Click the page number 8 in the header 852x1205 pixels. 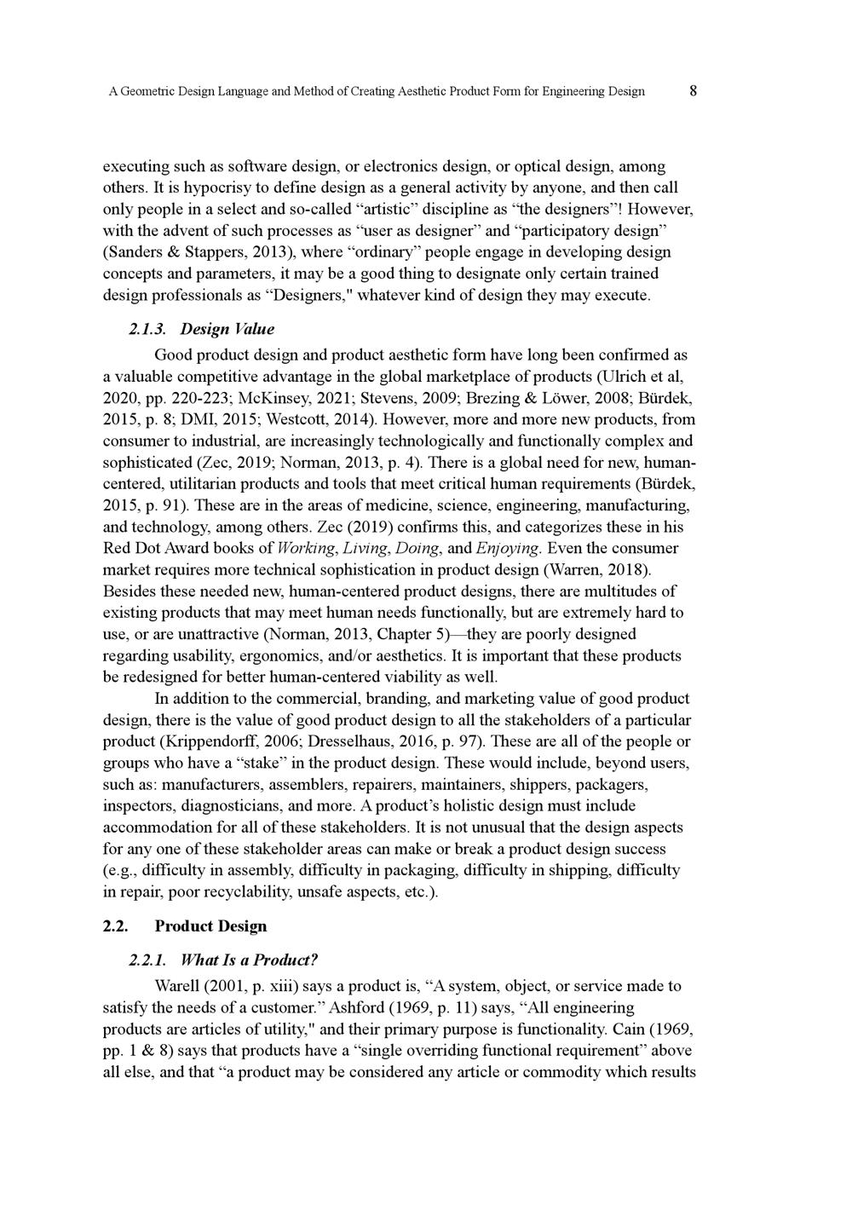694,90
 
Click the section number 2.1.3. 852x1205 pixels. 147,329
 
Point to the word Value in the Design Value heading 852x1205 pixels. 254,329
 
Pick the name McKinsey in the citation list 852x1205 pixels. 268,398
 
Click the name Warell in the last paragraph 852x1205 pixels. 177,986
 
